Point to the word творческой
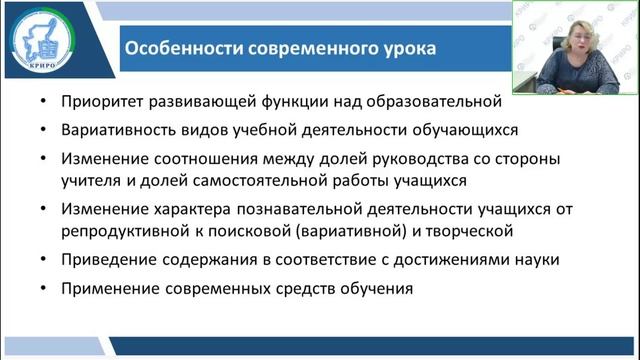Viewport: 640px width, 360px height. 475,231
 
